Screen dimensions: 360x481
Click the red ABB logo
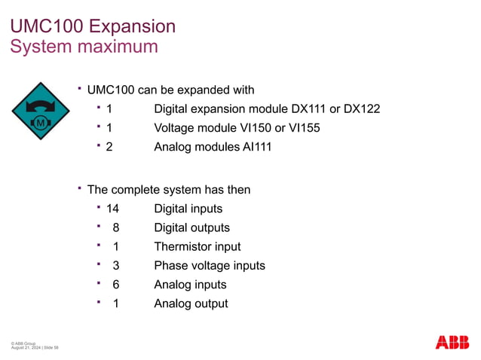(452, 342)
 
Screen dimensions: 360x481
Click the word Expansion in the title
(132, 26)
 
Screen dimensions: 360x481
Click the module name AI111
(253, 147)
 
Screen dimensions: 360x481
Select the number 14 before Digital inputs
(113, 209)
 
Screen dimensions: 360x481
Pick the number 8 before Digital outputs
(115, 227)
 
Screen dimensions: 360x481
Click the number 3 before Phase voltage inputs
(115, 265)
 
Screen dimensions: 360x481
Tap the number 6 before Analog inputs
(115, 285)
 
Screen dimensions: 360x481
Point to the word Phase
(170, 265)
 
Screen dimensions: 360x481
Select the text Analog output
(191, 304)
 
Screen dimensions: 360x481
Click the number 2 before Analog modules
(109, 147)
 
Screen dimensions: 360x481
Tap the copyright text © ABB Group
(23, 343)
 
